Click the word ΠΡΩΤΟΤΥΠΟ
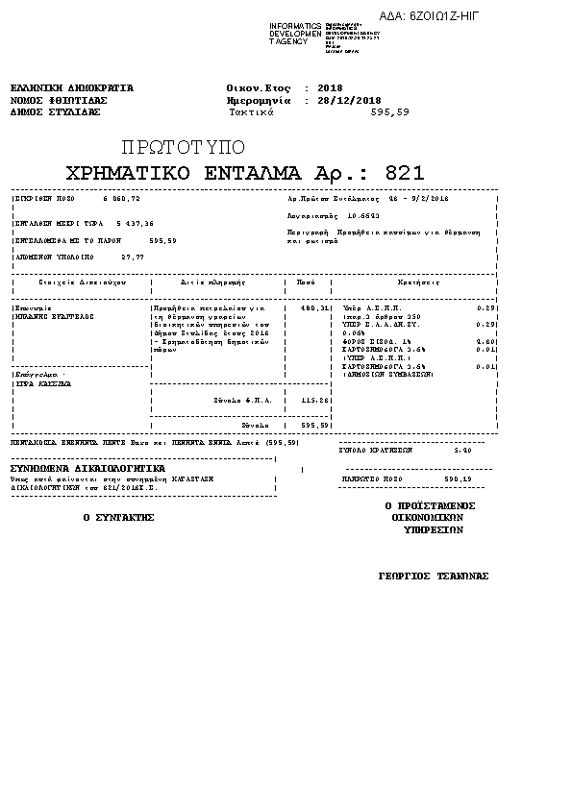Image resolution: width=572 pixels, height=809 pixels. pos(184,147)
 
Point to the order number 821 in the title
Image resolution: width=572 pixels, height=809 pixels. pos(404,173)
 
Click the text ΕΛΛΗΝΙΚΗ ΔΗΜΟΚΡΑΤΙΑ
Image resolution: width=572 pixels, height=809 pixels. pos(71,87)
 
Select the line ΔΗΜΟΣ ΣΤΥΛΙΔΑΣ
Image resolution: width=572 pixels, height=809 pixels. pos(55,112)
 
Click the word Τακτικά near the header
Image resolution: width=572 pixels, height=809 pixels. pos(252,112)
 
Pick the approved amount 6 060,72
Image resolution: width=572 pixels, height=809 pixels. pos(121,199)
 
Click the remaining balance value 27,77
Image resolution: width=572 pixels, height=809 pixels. pos(133,257)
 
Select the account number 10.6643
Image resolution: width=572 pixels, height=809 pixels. pos(364,216)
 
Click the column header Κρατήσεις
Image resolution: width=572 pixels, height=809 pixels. pos(418,282)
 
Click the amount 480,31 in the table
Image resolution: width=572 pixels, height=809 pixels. pos(315,307)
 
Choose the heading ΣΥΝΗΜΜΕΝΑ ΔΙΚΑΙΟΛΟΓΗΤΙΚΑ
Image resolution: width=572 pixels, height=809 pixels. pos(87,468)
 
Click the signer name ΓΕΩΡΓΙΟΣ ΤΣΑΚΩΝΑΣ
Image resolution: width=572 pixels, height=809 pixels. pos(434,576)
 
